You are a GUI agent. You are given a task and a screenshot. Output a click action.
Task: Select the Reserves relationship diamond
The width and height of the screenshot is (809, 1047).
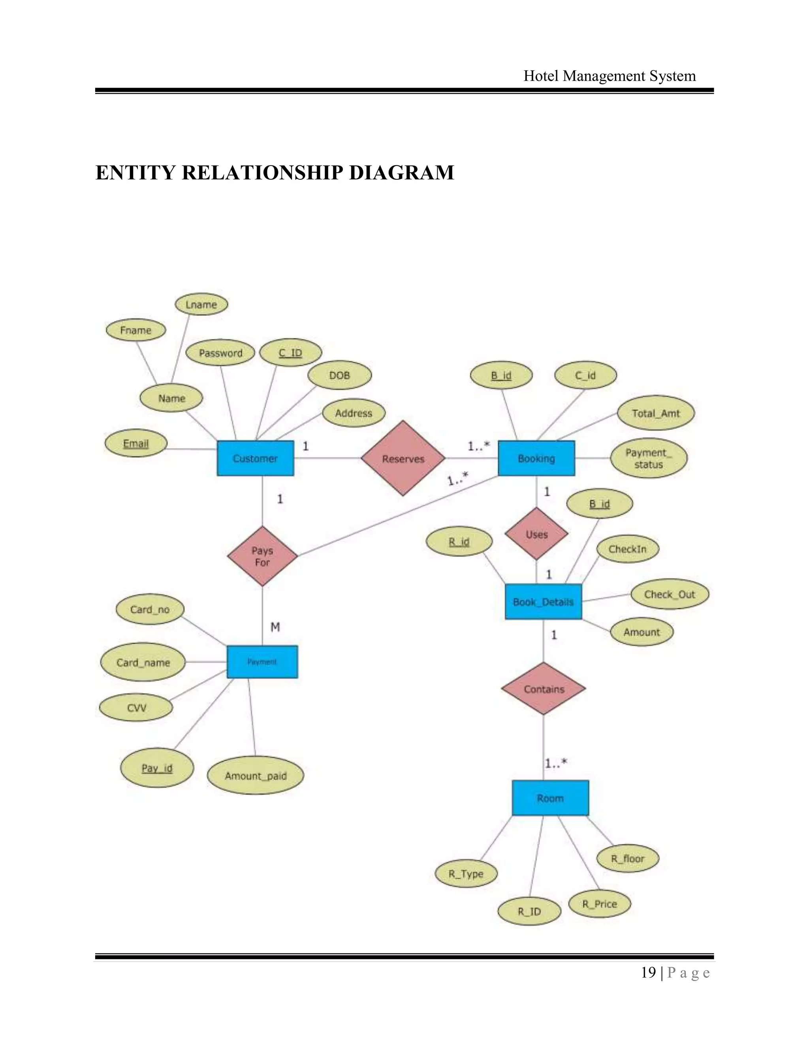pos(403,458)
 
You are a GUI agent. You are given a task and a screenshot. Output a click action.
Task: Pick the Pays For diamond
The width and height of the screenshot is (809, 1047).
pos(262,556)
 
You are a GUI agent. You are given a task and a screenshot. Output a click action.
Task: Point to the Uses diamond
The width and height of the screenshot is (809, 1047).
pos(536,534)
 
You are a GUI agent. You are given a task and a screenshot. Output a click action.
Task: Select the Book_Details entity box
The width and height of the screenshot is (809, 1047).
pos(543,602)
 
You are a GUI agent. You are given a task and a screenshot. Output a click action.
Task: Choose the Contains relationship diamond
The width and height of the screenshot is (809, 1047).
pos(544,689)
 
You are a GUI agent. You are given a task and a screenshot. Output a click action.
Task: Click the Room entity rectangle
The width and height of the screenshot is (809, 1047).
pos(550,798)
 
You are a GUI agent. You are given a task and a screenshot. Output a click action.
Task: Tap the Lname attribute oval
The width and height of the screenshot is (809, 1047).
pos(201,304)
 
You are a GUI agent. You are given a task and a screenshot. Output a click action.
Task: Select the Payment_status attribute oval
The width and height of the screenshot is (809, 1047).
pos(649,458)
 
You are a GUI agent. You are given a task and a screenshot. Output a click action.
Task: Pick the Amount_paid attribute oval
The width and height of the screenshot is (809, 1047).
pos(256,776)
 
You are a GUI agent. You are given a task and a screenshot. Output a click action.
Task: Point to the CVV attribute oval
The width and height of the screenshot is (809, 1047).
pos(136,708)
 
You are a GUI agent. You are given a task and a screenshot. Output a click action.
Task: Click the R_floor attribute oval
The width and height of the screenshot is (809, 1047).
pos(627,859)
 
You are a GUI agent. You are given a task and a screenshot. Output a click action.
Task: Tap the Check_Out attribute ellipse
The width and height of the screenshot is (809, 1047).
pos(669,595)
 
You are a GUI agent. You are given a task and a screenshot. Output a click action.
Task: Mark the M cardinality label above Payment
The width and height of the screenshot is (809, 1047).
pos(275,627)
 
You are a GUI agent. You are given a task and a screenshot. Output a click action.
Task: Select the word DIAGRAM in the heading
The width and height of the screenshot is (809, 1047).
pos(401,173)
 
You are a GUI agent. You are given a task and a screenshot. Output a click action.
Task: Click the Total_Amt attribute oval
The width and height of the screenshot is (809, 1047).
pos(655,413)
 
